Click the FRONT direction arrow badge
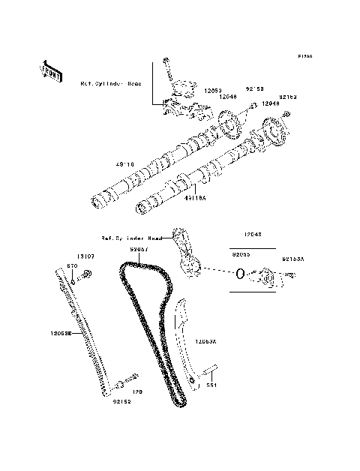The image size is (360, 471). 47,69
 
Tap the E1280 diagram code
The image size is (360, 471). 303,56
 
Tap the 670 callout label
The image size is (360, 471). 73,266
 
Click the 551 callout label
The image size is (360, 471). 212,385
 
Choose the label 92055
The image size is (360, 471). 241,254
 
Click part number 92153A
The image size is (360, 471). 293,259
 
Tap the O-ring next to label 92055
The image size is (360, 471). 238,274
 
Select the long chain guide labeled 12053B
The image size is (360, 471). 85,330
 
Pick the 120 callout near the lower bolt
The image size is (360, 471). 137,391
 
